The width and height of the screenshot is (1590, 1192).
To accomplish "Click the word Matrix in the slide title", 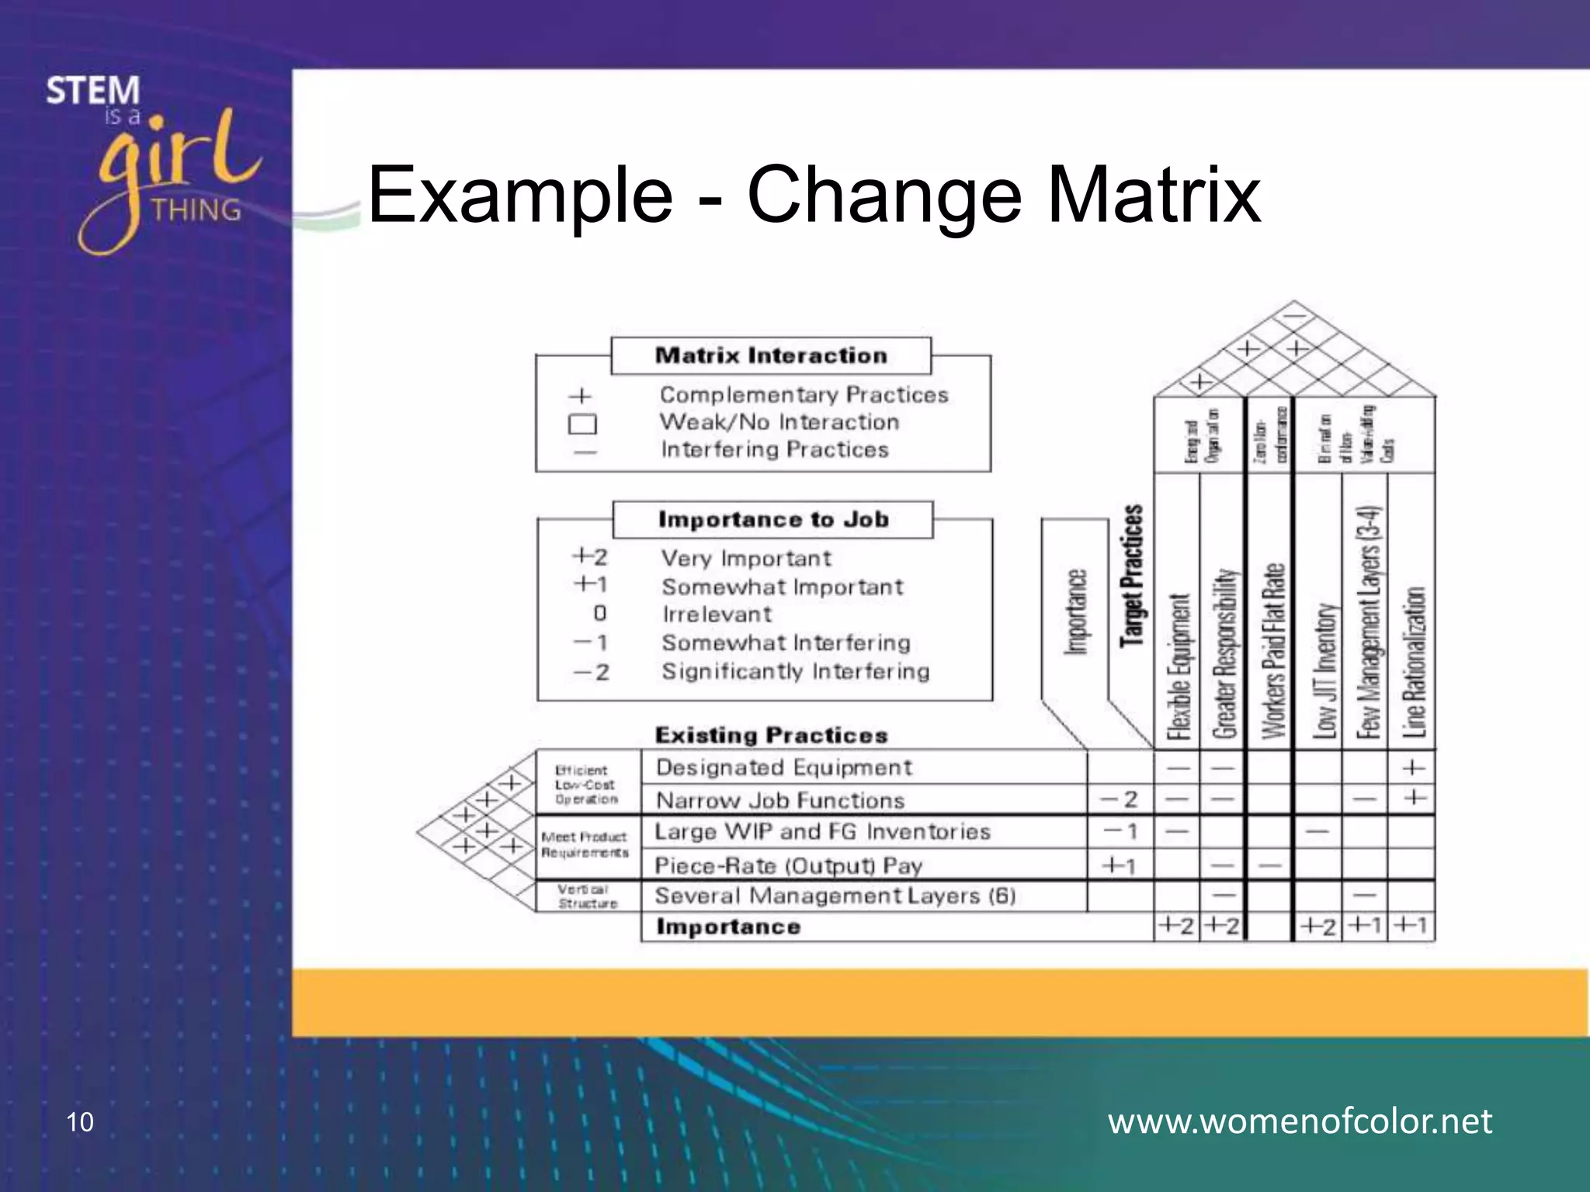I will [x=1154, y=194].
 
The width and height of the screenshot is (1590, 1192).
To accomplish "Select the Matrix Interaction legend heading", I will [x=771, y=355].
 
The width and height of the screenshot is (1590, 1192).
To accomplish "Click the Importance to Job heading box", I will [x=773, y=519].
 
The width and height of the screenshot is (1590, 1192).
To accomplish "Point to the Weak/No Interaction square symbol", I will [x=582, y=424].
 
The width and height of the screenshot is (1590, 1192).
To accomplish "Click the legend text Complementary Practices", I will [x=804, y=395].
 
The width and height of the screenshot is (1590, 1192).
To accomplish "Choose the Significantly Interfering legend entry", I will [x=795, y=671].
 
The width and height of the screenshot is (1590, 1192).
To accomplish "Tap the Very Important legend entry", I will [x=745, y=559].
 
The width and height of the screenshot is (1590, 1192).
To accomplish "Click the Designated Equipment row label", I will [x=783, y=768].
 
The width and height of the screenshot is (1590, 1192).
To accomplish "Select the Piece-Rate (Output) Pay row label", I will [x=788, y=865].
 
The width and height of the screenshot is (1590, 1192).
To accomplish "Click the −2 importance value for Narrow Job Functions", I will [x=1120, y=799].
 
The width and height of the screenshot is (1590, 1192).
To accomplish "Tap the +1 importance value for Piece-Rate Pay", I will [x=1120, y=865].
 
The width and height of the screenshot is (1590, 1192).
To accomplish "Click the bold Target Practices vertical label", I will [x=1132, y=576].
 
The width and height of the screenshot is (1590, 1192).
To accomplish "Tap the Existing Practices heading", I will [x=771, y=735].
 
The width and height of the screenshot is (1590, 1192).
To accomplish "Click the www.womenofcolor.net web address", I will [x=1300, y=1121].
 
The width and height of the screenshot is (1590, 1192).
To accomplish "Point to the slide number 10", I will [x=80, y=1122].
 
